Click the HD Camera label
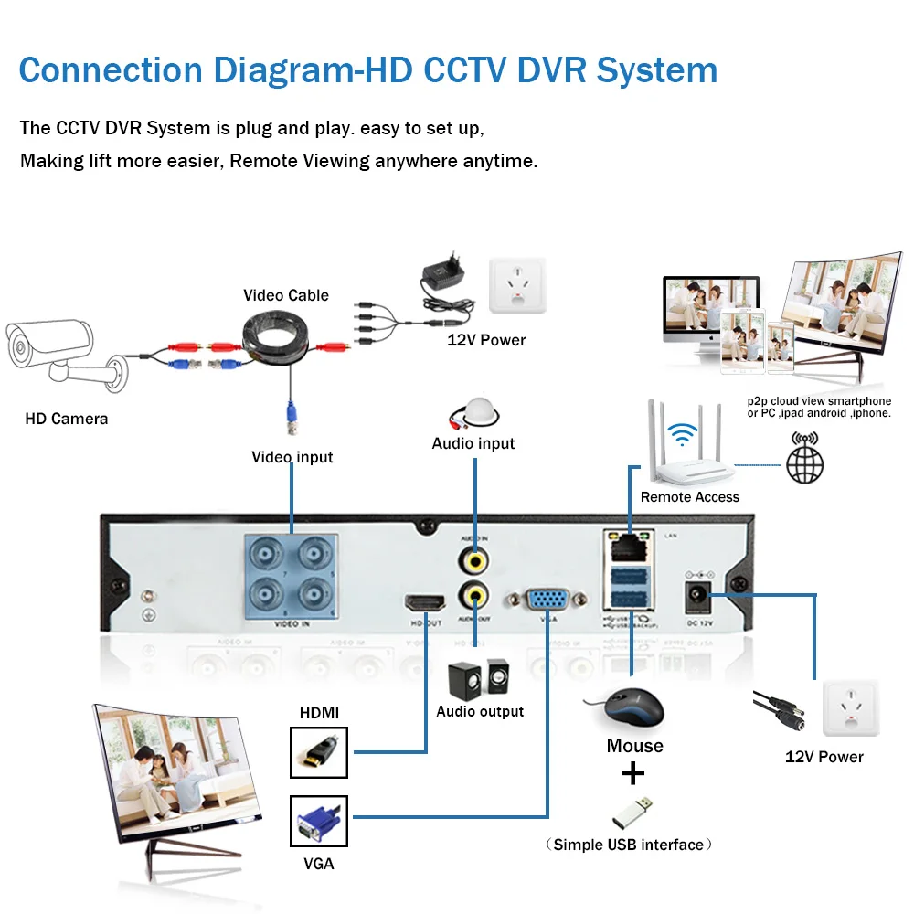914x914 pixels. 66,419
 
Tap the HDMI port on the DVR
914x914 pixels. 425,603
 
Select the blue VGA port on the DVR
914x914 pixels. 547,600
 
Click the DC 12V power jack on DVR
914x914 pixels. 697,596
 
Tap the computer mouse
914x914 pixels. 630,707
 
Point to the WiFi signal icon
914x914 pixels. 679,431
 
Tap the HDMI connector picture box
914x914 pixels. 319,752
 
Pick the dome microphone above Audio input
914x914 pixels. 473,411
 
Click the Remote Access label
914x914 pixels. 689,497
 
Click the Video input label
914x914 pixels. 292,457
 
